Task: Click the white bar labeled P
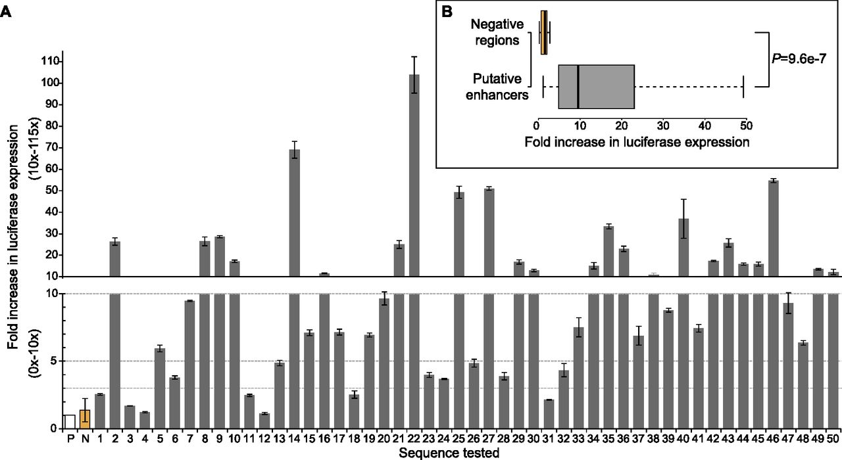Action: (69, 421)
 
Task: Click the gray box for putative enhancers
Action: (596, 86)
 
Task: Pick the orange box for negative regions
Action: (543, 33)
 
